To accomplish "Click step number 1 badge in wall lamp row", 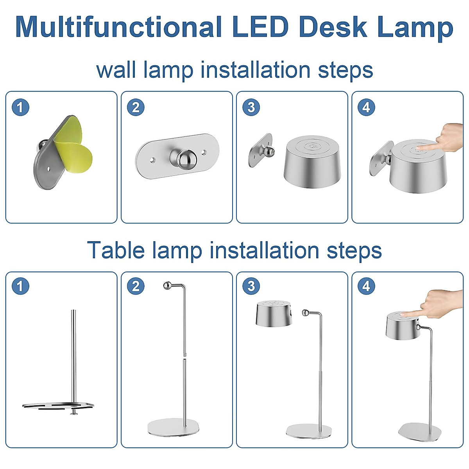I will pyautogui.click(x=20, y=107).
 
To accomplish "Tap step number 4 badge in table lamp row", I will pyautogui.click(x=366, y=286).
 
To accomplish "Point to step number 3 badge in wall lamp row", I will pyautogui.click(x=251, y=107).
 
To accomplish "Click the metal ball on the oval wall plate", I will pyautogui.click(x=183, y=158).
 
